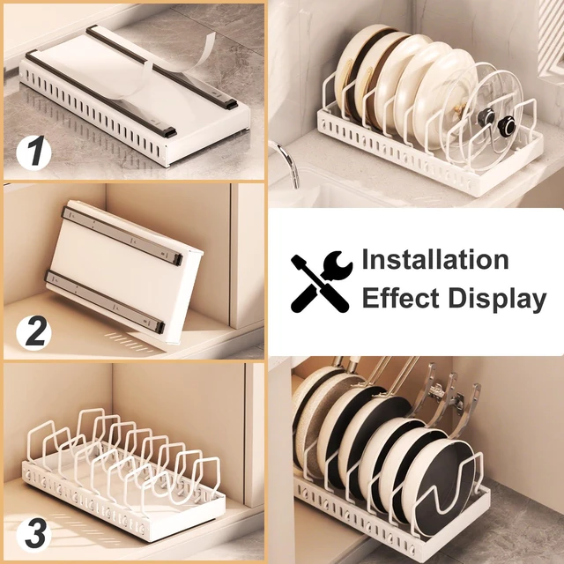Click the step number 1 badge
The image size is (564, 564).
point(33,152)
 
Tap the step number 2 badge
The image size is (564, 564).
point(33,333)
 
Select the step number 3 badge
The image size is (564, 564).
point(33,534)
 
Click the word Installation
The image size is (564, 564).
point(434,259)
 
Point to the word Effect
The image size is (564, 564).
point(400,298)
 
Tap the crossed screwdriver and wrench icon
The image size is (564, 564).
point(321,281)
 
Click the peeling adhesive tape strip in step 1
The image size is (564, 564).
point(169,72)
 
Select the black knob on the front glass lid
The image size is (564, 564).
point(508,127)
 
